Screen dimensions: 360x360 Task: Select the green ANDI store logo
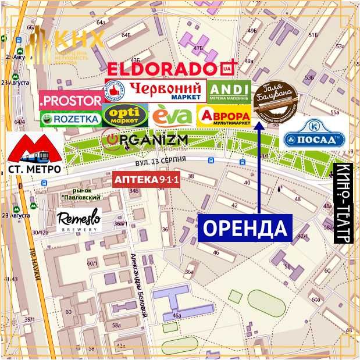(x=229, y=91)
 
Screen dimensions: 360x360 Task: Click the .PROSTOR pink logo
(x=71, y=100)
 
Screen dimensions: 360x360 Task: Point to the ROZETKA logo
(x=71, y=119)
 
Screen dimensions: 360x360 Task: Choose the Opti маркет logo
(x=125, y=115)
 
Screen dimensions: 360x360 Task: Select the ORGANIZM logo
(x=137, y=140)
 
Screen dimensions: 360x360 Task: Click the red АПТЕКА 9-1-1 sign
(x=147, y=180)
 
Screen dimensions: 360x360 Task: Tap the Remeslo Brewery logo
(x=79, y=221)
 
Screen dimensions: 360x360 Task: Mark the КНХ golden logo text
(x=79, y=40)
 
